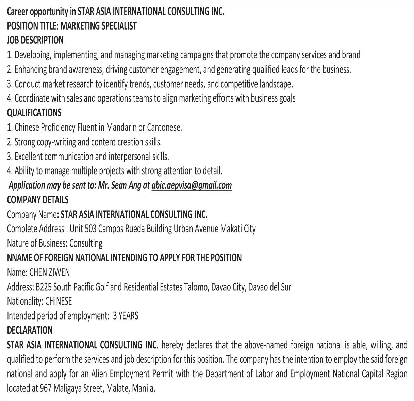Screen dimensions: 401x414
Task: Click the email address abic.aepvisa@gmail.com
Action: coord(192,185)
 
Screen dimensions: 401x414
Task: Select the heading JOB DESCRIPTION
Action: coord(35,40)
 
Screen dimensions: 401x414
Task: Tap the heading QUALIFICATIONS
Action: coord(34,112)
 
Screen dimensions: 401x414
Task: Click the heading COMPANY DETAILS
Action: coord(37,200)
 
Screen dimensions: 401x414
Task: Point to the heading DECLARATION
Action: coord(30,330)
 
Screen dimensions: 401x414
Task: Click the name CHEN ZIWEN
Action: coord(50,272)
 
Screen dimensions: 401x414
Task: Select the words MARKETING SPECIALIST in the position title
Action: coord(99,26)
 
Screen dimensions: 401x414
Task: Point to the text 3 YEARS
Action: coord(126,316)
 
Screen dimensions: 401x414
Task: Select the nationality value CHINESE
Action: coord(59,301)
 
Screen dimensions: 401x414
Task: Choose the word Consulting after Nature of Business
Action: coord(86,243)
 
